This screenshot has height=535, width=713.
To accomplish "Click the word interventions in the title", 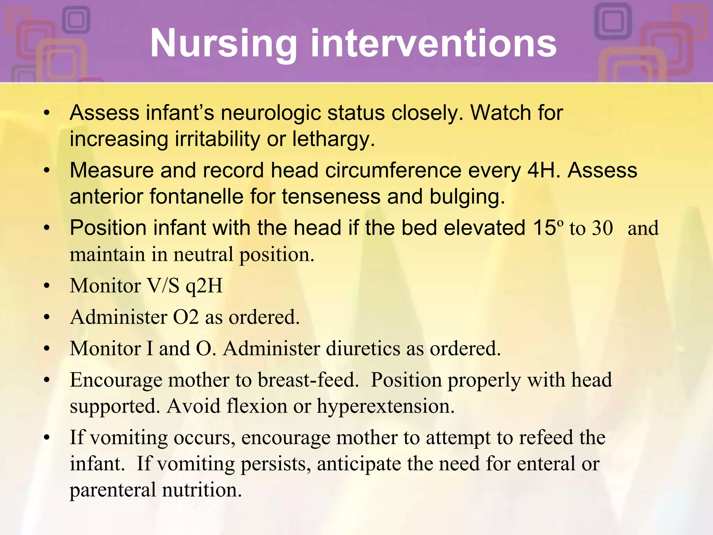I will [x=433, y=44].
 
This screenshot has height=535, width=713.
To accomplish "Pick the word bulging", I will [x=467, y=197].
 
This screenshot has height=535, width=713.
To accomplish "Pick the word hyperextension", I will [x=385, y=406].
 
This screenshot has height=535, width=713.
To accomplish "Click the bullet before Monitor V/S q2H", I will [x=47, y=286].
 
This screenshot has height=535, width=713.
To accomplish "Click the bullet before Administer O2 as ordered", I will [x=47, y=317].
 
